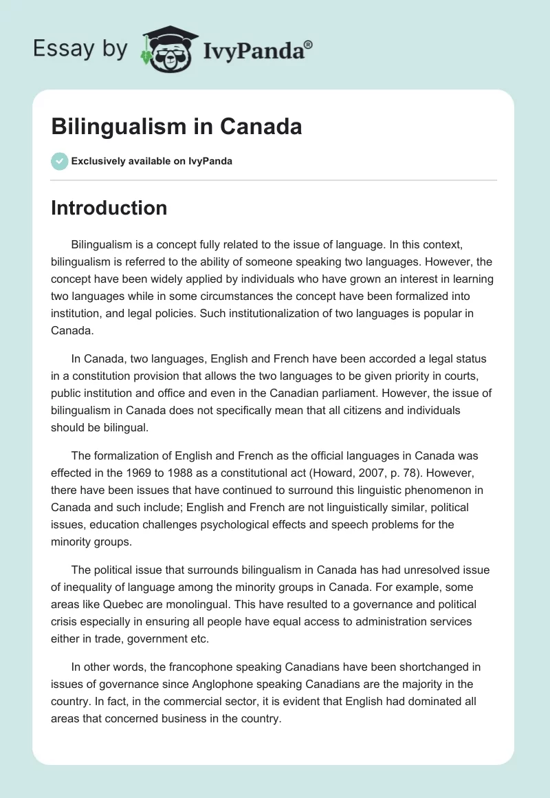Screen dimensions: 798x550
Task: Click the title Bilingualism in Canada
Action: [177, 127]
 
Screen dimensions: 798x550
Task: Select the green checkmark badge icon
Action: [59, 161]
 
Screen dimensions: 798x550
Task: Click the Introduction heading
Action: [109, 208]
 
